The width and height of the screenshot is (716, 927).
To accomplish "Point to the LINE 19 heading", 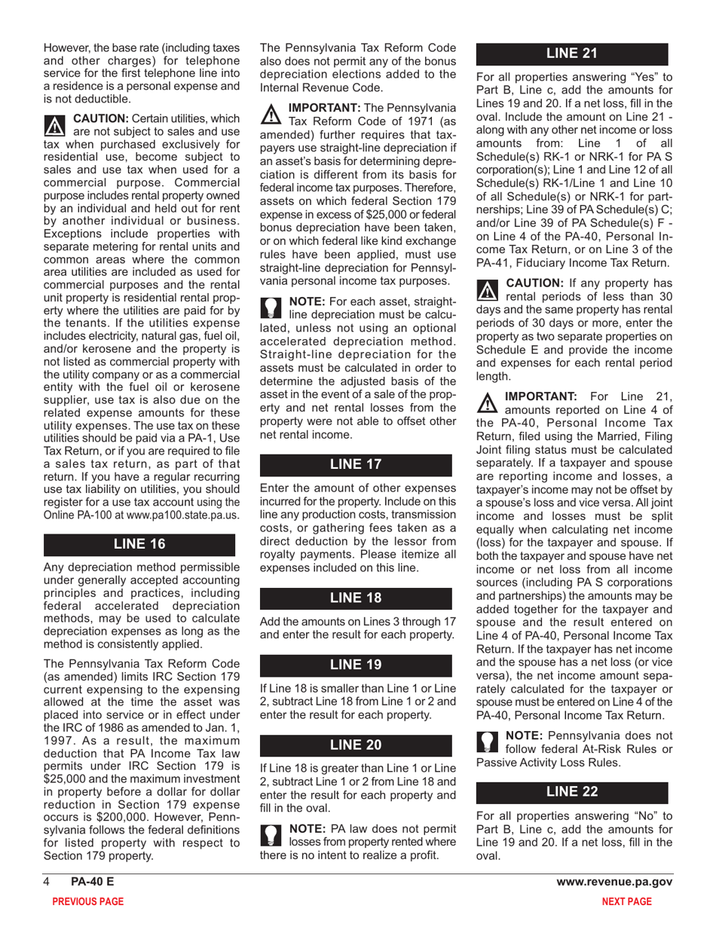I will pyautogui.click(x=356, y=665).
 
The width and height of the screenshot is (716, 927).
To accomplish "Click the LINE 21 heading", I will pyautogui.click(x=571, y=54).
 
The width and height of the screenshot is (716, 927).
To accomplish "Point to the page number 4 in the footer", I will pyautogui.click(x=46, y=883).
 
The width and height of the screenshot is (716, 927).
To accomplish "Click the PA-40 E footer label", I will pyautogui.click(x=87, y=883).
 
